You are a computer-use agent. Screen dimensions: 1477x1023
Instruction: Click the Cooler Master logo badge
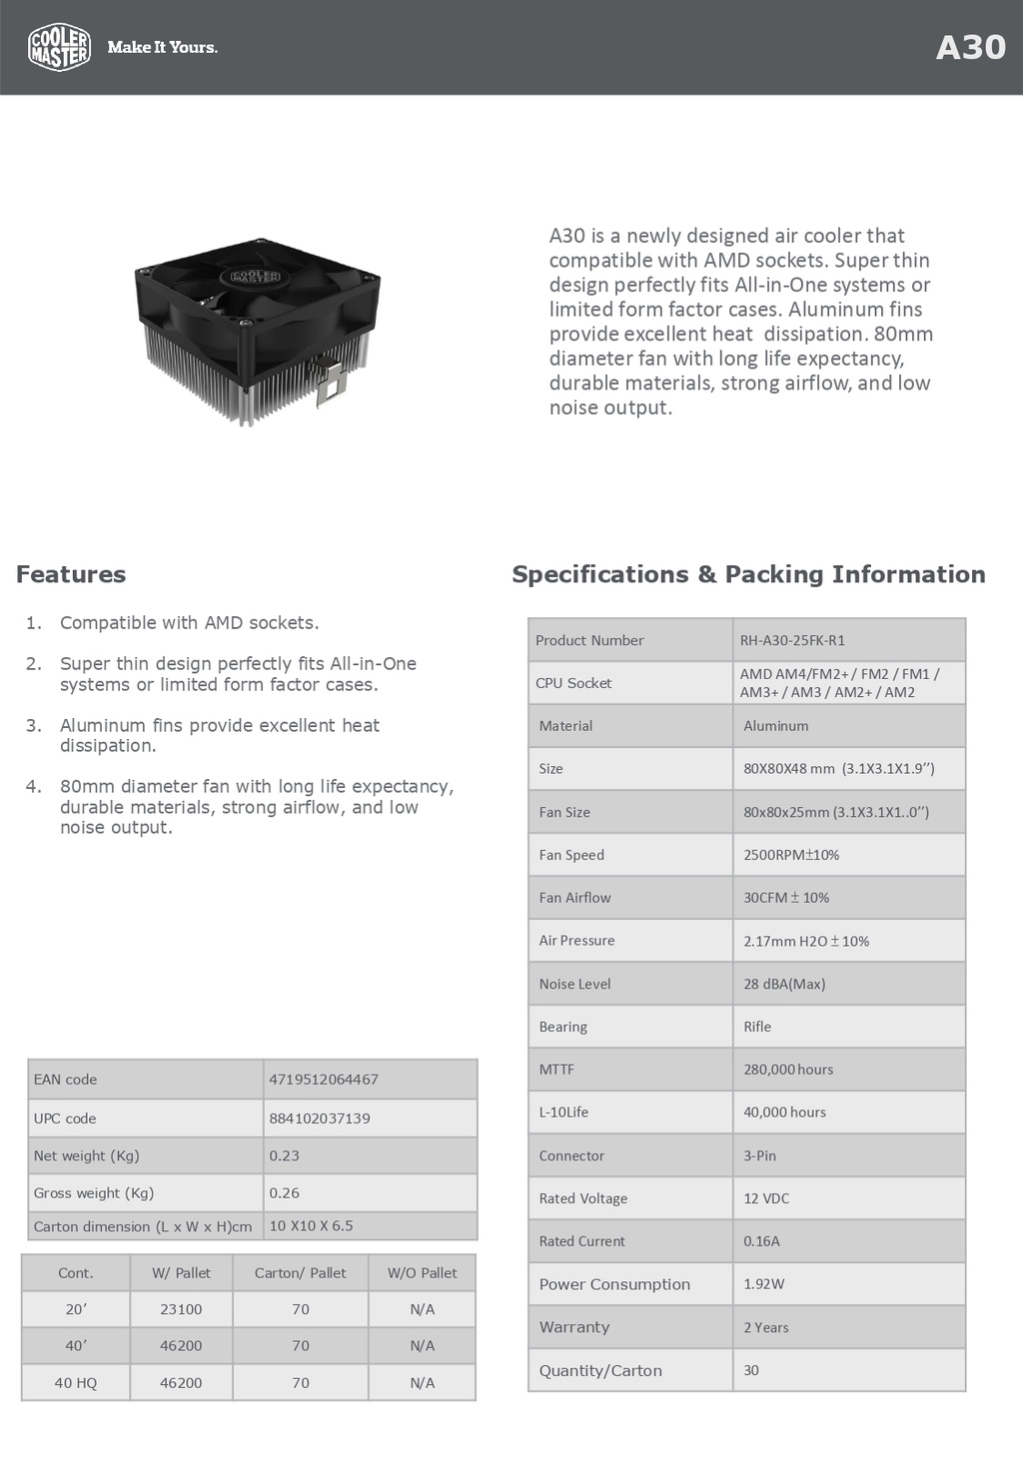tap(60, 47)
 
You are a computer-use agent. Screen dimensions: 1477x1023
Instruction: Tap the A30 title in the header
tap(970, 48)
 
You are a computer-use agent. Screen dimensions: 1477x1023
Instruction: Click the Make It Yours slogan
tap(162, 47)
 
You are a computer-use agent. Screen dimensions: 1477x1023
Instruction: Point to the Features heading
tap(71, 574)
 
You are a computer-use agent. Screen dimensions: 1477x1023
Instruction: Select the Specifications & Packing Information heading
tap(748, 574)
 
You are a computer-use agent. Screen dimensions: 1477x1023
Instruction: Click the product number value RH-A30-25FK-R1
tap(792, 640)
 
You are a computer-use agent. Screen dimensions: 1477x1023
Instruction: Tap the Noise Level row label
tap(575, 984)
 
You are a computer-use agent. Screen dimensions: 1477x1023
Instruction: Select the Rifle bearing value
tap(757, 1027)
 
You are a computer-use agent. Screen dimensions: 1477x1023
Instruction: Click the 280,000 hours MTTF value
tap(788, 1070)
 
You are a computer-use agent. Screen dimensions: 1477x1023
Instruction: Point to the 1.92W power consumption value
tap(764, 1284)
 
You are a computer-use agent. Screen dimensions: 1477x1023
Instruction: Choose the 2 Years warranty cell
tap(766, 1327)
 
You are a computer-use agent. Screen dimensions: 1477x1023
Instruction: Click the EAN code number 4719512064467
tap(324, 1080)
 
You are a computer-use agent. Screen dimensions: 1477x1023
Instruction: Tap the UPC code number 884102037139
tap(320, 1118)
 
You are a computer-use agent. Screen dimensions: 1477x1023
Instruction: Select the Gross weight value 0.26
tap(285, 1193)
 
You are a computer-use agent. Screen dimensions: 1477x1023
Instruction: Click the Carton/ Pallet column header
tap(300, 1273)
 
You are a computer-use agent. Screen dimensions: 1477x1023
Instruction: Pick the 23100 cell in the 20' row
tap(181, 1309)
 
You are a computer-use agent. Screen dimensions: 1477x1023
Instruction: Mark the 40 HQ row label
tap(76, 1383)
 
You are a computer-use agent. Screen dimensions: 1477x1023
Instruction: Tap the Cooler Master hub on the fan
tap(256, 276)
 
